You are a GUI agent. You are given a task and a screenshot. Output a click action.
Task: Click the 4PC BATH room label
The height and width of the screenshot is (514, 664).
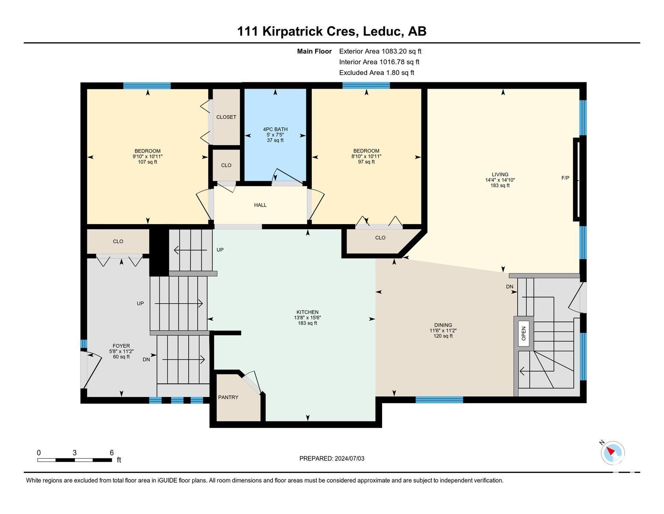275,129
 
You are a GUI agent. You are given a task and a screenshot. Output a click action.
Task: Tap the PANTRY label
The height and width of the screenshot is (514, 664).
228,397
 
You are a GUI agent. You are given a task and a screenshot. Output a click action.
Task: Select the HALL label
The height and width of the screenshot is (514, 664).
260,205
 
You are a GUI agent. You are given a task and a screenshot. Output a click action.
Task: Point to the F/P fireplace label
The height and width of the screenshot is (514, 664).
565,178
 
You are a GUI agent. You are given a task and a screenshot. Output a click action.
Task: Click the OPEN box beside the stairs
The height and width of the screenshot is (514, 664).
524,333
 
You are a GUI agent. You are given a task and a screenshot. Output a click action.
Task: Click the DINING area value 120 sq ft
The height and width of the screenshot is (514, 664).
443,336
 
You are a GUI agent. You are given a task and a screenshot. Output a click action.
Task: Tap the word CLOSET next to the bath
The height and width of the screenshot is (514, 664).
226,117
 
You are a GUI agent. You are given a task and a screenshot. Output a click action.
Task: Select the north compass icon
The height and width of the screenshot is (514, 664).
613,453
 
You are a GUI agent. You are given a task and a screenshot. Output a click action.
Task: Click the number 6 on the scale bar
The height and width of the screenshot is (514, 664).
112,453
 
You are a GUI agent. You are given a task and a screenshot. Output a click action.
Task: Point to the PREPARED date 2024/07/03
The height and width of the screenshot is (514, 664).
349,458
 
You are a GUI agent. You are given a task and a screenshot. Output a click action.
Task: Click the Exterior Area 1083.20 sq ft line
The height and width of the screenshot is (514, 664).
380,51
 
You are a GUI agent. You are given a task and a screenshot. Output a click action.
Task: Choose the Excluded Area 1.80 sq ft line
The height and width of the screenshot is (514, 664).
376,73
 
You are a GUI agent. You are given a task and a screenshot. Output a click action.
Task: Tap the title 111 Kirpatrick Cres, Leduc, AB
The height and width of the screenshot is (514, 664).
332,31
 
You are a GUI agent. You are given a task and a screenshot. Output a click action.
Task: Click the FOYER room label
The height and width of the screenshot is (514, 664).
121,346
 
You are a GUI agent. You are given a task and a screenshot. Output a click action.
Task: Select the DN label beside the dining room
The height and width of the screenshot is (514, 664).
510,287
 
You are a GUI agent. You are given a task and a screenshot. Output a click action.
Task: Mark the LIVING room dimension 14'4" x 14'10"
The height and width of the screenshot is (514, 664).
500,180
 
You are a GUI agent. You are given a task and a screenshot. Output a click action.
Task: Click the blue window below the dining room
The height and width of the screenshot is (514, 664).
439,400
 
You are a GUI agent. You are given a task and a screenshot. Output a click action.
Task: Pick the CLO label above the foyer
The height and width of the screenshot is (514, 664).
118,242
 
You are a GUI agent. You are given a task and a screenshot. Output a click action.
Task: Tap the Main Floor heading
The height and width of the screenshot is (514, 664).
314,51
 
